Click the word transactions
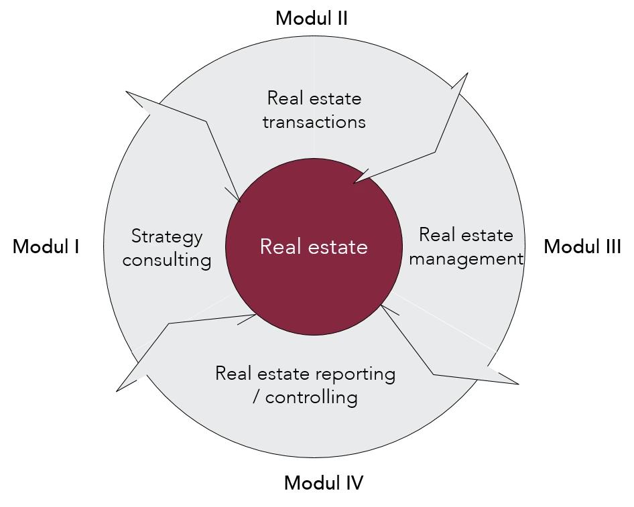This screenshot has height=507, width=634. pyautogui.click(x=314, y=122)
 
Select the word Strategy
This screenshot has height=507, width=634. pyautogui.click(x=167, y=236)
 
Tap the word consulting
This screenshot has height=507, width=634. pyautogui.click(x=167, y=260)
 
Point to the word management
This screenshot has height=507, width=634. pyautogui.click(x=466, y=259)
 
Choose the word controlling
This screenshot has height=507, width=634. pyautogui.click(x=311, y=397)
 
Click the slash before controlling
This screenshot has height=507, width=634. pyautogui.click(x=257, y=397)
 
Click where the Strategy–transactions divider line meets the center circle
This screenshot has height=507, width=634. pyautogui.click(x=239, y=200)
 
